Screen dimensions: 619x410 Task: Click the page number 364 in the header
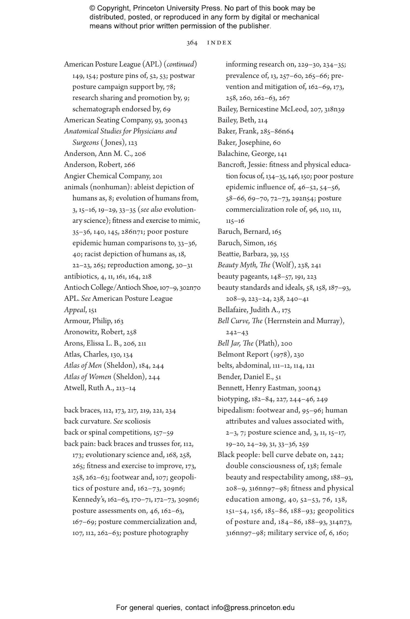pyautogui.click(x=192, y=43)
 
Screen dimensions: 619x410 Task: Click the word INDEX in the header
pyautogui.click(x=219, y=43)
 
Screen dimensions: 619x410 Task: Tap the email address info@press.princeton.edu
pyautogui.click(x=253, y=608)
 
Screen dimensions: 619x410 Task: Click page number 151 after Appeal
pyautogui.click(x=92, y=310)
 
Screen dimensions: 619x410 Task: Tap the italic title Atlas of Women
pyautogui.click(x=87, y=377)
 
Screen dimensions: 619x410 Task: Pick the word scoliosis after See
pyautogui.click(x=137, y=421)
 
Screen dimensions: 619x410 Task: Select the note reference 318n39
pyautogui.click(x=334, y=109)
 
